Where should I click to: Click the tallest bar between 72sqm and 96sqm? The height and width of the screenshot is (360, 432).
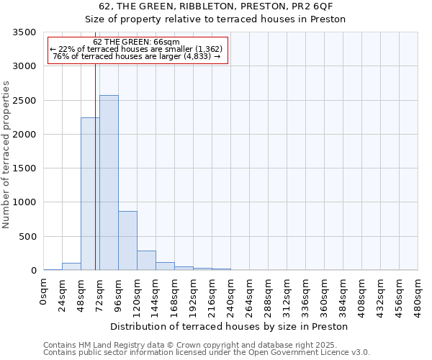[109, 183]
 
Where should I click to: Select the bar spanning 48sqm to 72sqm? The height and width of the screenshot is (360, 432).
[90, 194]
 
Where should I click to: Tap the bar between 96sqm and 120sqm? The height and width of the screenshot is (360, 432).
[127, 240]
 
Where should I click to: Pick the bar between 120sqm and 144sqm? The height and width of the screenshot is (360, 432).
[146, 261]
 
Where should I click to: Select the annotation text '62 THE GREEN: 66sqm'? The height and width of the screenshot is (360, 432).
[137, 42]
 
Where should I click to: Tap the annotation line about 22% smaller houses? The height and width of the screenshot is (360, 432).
[137, 49]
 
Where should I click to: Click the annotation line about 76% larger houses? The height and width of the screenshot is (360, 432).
[137, 56]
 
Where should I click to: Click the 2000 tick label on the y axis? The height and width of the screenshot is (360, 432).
[24, 135]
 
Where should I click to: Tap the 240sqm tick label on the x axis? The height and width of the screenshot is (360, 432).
[231, 295]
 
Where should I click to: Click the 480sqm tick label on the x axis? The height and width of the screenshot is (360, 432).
[418, 295]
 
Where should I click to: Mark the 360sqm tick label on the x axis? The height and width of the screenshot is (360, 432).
[325, 295]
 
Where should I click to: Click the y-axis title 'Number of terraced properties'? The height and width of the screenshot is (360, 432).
[7, 155]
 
